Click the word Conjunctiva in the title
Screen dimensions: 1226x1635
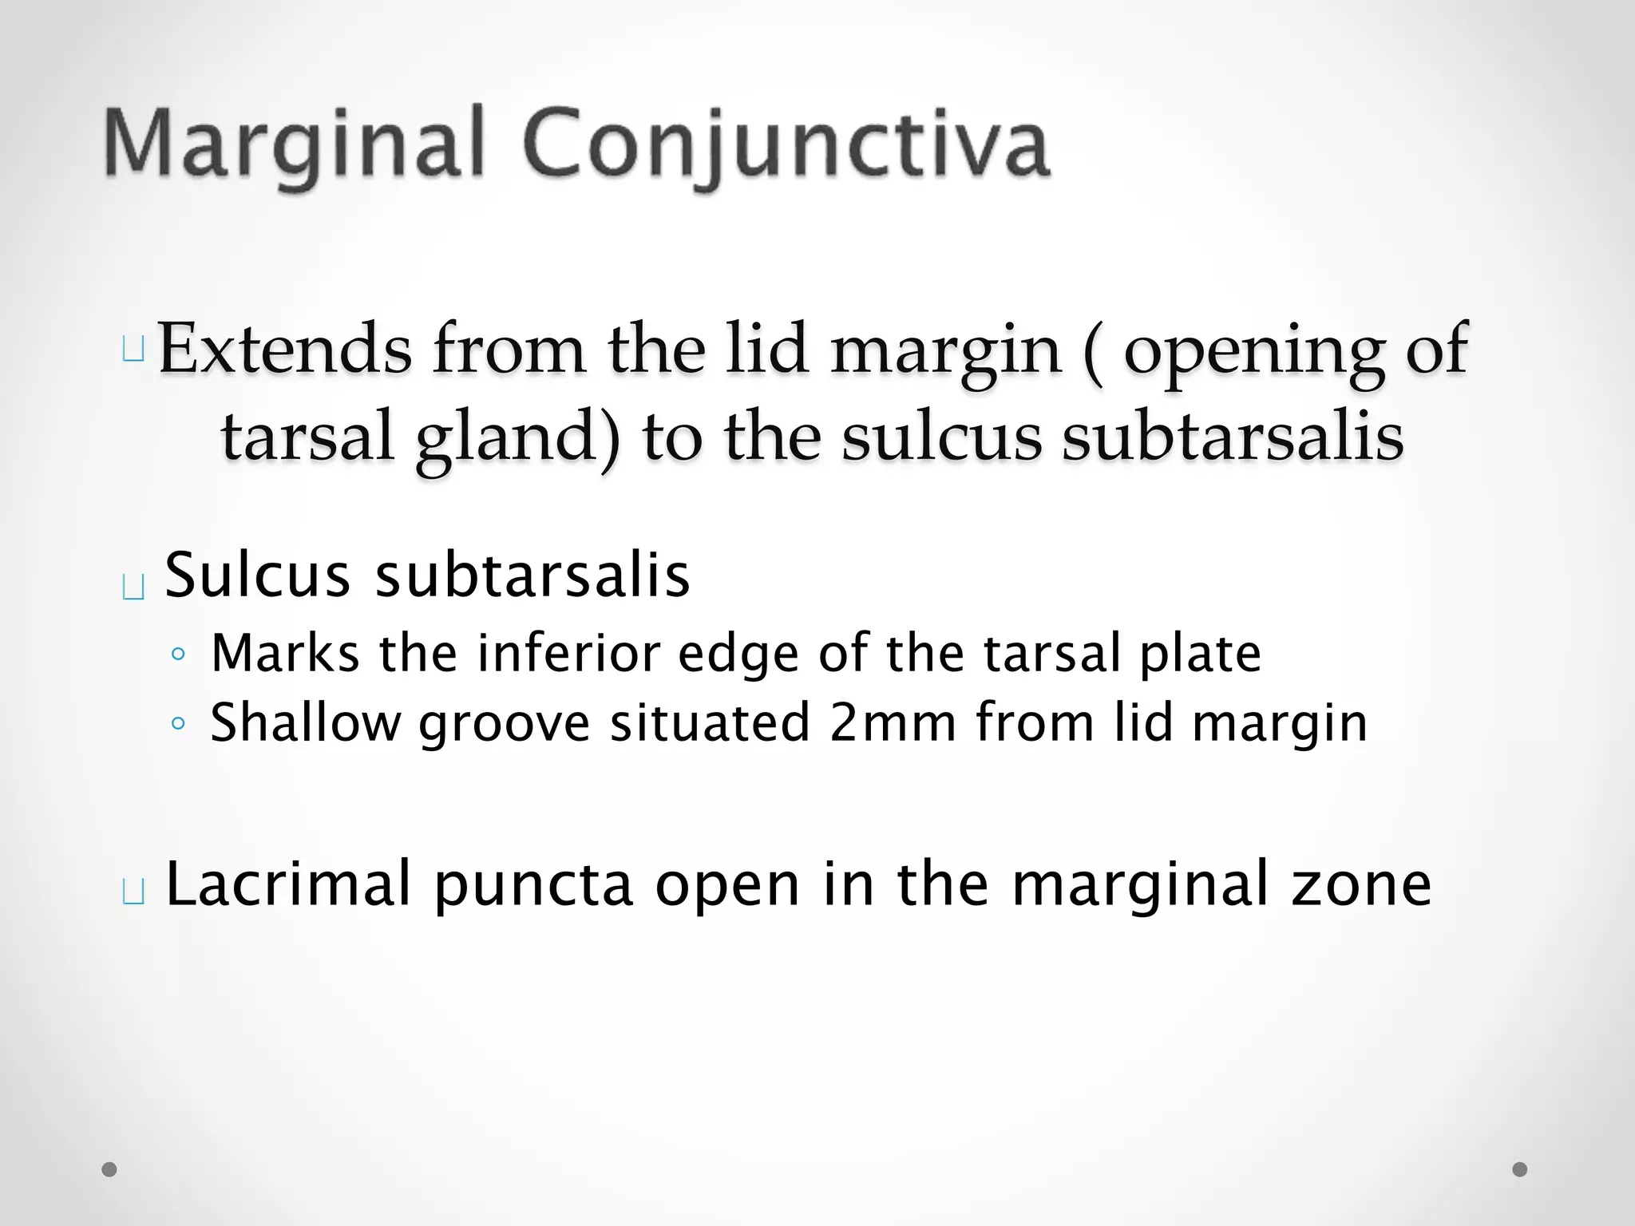(x=786, y=144)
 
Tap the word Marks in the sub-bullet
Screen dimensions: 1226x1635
(x=285, y=653)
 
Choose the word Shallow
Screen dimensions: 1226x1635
(x=305, y=722)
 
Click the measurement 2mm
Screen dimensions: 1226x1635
(x=893, y=722)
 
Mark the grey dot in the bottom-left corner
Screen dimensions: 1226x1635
(x=109, y=1169)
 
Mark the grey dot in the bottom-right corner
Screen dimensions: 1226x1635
(x=1520, y=1169)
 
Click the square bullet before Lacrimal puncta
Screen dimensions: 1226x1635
(x=133, y=892)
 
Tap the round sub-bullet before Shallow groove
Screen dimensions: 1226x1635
(x=178, y=724)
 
